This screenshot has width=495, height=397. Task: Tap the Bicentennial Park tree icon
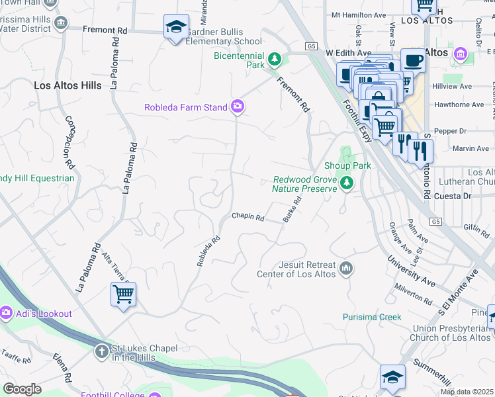(274, 61)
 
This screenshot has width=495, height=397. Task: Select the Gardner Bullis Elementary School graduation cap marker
(175, 27)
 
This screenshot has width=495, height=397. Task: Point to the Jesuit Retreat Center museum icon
(345, 269)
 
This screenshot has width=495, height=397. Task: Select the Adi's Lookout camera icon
(7, 312)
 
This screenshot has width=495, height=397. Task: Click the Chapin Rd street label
(247, 216)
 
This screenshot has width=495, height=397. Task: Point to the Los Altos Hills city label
(68, 85)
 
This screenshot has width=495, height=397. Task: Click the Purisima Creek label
(372, 317)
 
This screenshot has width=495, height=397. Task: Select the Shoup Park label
(347, 165)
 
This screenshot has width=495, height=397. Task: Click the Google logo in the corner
(22, 389)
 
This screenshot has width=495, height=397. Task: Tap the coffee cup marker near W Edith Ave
(413, 61)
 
